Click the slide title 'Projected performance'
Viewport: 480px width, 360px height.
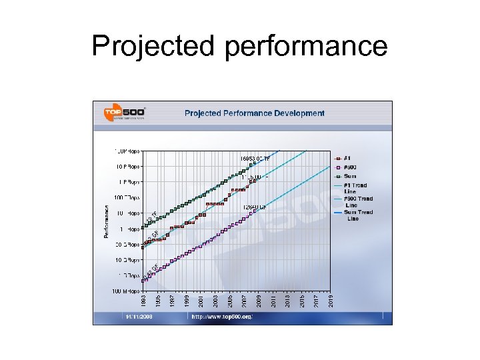(239, 46)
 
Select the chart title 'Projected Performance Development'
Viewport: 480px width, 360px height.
(254, 113)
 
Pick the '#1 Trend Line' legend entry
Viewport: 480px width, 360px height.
(355, 188)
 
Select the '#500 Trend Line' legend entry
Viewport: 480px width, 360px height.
(357, 201)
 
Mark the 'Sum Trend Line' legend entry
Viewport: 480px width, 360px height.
(357, 215)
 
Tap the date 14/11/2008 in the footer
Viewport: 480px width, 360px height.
(139, 317)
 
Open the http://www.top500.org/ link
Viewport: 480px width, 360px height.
(222, 317)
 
